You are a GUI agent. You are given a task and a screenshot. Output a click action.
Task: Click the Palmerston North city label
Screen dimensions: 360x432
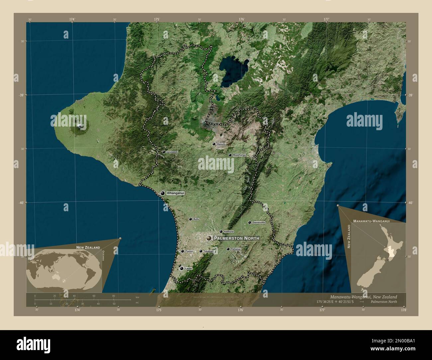(236, 238)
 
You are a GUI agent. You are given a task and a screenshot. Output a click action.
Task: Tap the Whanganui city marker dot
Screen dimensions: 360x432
(162, 193)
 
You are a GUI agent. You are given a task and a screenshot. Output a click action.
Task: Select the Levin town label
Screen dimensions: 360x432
(188, 268)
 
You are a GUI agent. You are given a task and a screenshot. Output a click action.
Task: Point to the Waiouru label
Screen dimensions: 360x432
(221, 144)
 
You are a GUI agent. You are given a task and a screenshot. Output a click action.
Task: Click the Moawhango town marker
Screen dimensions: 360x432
(230, 155)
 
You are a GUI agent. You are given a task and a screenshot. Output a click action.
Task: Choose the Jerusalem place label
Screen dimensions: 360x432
(172, 152)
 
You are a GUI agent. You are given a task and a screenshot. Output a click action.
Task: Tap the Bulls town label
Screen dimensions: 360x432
(196, 219)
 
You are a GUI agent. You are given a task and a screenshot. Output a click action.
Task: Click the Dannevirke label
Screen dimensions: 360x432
(259, 223)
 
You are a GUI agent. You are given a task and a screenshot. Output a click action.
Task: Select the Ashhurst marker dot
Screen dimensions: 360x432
(221, 231)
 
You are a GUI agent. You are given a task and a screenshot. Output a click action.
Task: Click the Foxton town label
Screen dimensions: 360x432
(189, 251)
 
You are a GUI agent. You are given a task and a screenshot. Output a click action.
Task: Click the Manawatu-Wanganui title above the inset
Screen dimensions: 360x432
(372, 221)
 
